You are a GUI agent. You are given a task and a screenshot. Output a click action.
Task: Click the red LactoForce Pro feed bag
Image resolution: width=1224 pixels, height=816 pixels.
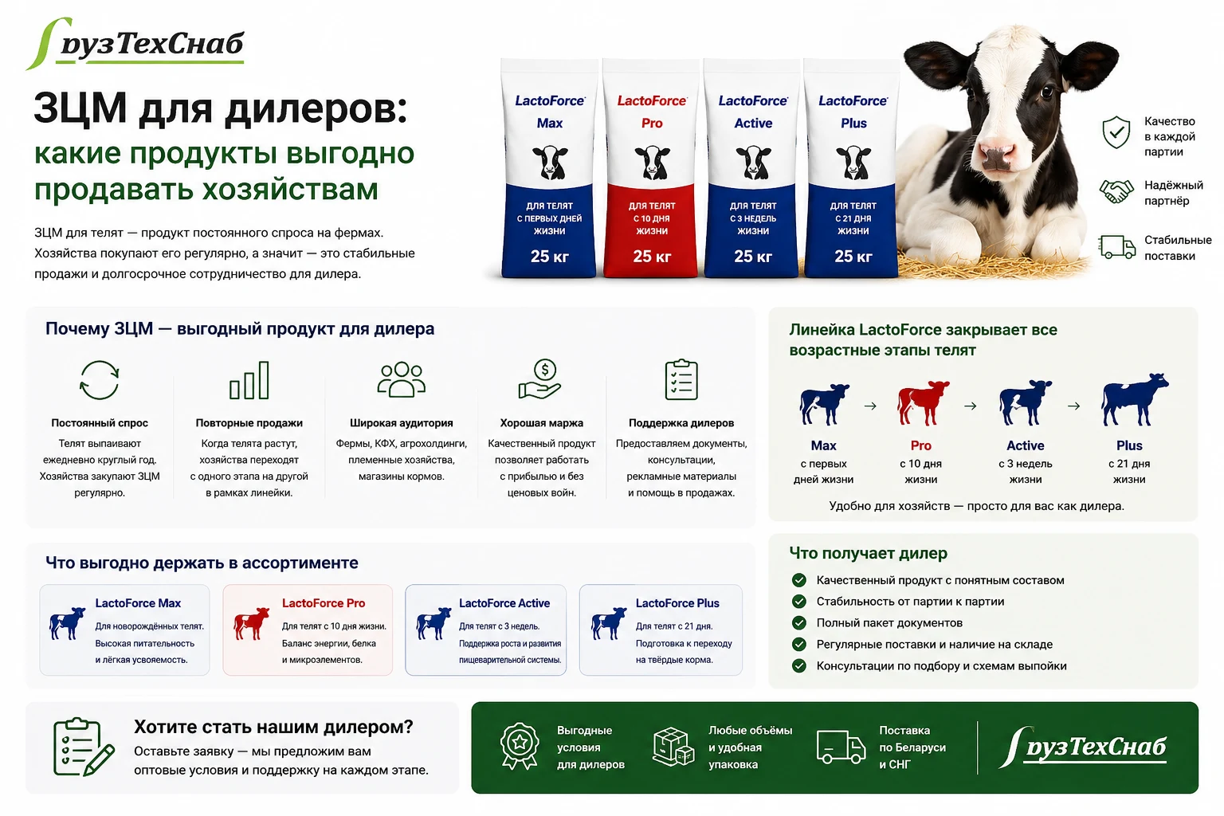tap(651, 168)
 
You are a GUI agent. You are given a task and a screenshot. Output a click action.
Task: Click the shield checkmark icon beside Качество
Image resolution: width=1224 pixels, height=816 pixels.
tap(1116, 131)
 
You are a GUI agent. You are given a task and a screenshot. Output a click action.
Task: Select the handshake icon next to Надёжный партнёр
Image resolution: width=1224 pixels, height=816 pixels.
tap(1116, 192)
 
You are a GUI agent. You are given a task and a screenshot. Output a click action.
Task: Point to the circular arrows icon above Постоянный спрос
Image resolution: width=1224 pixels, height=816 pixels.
tap(99, 380)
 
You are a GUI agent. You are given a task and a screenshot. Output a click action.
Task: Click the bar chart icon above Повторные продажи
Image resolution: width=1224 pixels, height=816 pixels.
tap(249, 380)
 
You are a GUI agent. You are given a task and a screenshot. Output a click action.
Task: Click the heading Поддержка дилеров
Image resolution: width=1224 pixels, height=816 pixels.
tap(681, 422)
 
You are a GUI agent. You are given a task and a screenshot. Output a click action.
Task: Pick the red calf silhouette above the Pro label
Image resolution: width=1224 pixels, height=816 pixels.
tap(922, 402)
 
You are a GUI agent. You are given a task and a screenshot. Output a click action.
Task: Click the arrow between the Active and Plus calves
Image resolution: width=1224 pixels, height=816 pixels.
tap(1073, 406)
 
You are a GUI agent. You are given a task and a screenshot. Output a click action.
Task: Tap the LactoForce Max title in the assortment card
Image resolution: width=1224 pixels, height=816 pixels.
tap(138, 603)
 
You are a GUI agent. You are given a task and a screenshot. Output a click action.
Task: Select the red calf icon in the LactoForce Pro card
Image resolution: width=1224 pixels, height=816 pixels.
tap(251, 623)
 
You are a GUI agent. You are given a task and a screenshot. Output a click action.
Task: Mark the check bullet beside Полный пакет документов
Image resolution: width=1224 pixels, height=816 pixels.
tap(799, 622)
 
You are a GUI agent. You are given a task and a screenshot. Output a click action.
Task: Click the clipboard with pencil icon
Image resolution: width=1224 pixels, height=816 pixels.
tap(83, 747)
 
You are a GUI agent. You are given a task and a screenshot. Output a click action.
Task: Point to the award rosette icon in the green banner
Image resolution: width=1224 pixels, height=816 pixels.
tap(519, 746)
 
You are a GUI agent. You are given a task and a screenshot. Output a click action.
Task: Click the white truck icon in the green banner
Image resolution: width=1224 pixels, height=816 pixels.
tap(841, 747)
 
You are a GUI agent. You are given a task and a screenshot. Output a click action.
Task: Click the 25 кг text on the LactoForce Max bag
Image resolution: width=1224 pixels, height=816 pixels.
tap(550, 257)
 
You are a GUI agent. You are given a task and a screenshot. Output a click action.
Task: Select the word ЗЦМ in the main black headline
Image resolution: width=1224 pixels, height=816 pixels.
tap(80, 108)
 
